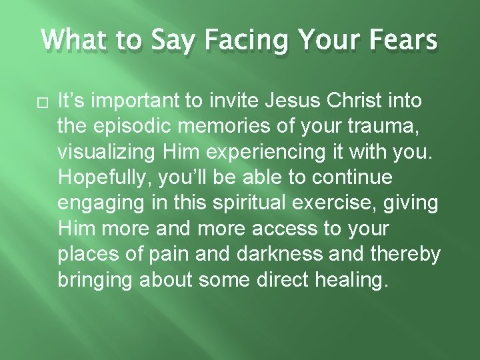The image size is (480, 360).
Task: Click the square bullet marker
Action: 47,102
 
